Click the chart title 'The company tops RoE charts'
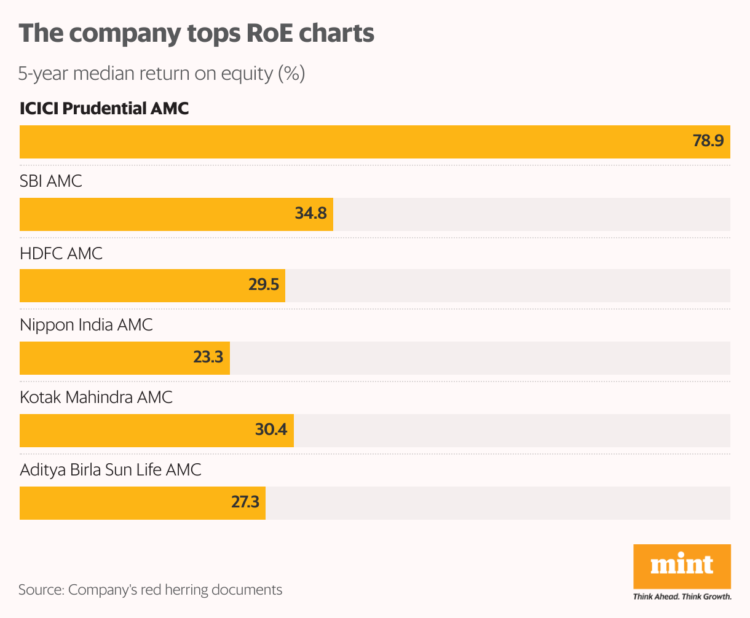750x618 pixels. (x=196, y=33)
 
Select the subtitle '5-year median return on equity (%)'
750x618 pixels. (x=161, y=74)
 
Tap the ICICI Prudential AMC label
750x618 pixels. (x=104, y=109)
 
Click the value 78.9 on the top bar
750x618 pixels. (x=708, y=141)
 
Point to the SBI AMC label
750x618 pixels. (x=50, y=181)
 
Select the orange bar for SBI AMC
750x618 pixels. (x=154, y=214)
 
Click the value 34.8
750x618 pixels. (x=310, y=214)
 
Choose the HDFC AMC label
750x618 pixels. (x=61, y=253)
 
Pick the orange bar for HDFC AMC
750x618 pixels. (x=129, y=286)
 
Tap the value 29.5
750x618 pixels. (x=264, y=286)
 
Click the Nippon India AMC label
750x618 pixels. (x=86, y=325)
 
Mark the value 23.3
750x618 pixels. (x=208, y=358)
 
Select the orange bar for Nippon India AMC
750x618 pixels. (x=105, y=358)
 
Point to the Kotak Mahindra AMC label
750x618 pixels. (x=96, y=397)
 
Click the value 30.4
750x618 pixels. (x=271, y=430)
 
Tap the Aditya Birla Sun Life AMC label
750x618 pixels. (x=111, y=470)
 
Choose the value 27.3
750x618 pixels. (x=245, y=503)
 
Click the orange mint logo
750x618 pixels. (x=682, y=566)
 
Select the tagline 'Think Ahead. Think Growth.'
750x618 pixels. (x=682, y=596)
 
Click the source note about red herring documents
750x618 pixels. (x=150, y=590)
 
